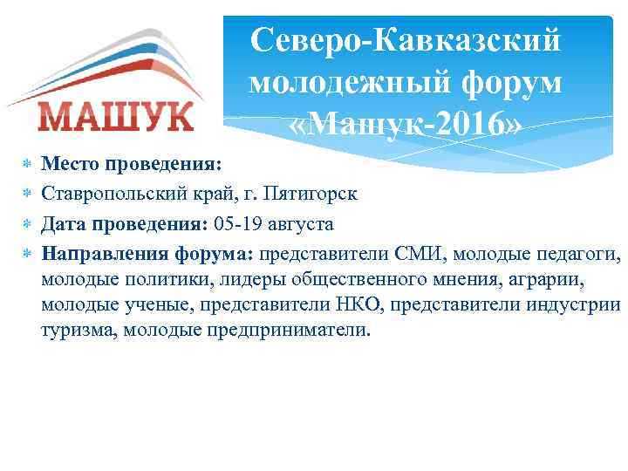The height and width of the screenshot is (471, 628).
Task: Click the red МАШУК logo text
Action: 115,116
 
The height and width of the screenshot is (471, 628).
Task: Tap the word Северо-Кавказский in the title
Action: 405,41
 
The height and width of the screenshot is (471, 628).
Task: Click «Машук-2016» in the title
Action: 406,126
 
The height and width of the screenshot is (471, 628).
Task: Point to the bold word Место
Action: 72,163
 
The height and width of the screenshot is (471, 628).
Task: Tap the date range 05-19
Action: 237,224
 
